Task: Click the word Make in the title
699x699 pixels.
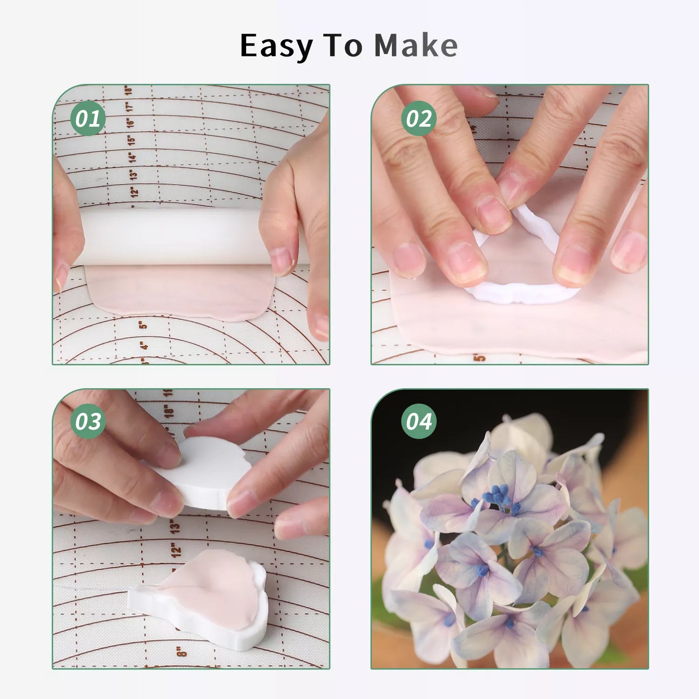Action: [x=416, y=46]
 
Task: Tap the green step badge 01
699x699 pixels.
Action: [x=88, y=119]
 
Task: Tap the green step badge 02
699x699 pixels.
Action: [x=418, y=119]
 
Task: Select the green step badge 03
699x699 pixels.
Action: [x=88, y=421]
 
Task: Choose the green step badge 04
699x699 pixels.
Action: [x=418, y=421]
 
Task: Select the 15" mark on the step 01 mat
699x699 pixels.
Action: [x=131, y=138]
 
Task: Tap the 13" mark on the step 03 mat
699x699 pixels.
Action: [x=174, y=527]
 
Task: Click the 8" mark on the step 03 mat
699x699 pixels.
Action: [x=181, y=651]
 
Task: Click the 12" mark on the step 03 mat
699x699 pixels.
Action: [x=176, y=550]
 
